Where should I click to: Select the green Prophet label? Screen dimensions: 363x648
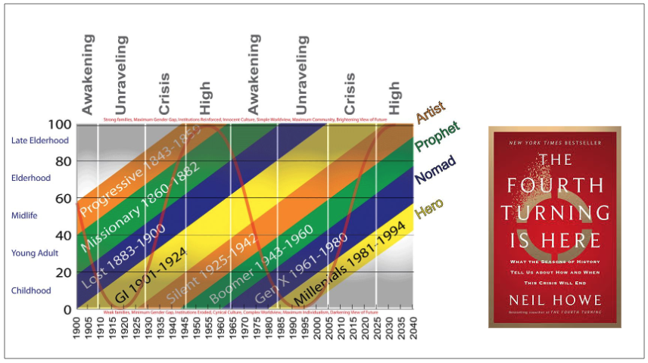point(437,137)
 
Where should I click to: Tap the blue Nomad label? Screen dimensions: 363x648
point(436,171)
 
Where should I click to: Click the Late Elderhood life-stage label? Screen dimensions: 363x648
point(41,140)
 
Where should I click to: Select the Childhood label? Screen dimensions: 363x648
point(32,290)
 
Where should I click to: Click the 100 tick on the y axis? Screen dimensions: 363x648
point(62,124)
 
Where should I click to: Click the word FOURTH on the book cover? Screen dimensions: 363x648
point(555,186)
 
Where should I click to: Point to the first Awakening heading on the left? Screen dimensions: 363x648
point(88,74)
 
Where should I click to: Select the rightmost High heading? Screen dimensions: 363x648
point(394,98)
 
